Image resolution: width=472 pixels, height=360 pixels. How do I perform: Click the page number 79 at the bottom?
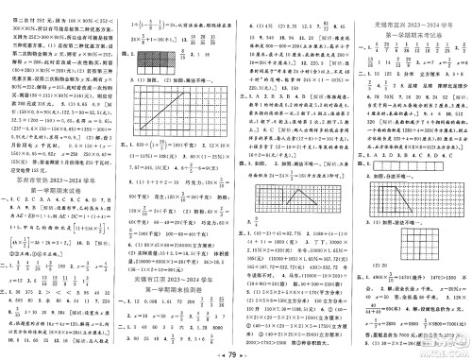pyautogui.click(x=236, y=349)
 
